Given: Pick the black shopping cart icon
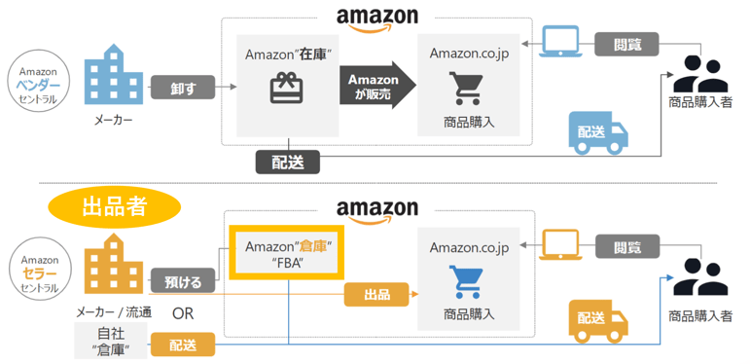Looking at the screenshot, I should (468, 89).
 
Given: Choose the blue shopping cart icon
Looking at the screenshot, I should (468, 282).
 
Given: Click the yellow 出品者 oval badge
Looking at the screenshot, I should (115, 207).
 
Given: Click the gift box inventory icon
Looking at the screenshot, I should (287, 90).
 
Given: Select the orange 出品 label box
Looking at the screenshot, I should (375, 294).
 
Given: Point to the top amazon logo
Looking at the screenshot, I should (376, 17).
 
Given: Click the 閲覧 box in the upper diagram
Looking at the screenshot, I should (627, 44).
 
